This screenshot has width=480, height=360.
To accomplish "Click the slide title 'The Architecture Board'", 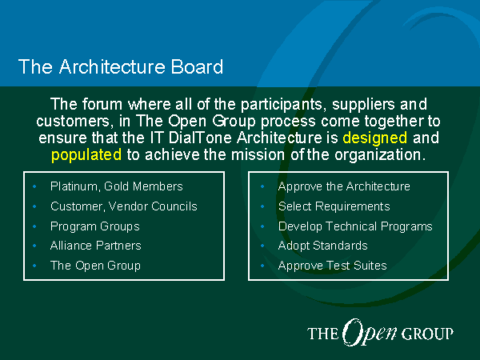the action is (121, 66).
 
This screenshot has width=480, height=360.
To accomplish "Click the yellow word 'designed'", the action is (375, 138).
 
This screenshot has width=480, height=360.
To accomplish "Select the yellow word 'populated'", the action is (86, 155).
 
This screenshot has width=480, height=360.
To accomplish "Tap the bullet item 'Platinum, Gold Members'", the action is (117, 186).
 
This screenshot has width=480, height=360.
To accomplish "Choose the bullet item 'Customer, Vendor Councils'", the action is (124, 206).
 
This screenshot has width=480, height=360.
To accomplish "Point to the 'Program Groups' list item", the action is (95, 226).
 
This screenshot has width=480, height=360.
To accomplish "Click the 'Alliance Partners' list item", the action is (96, 246).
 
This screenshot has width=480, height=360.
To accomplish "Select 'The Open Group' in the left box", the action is (95, 266).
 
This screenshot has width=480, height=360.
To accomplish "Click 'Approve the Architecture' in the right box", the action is (344, 186).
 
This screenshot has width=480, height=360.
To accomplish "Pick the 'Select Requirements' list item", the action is (334, 206).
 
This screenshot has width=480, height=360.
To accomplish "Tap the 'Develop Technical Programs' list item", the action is (355, 226).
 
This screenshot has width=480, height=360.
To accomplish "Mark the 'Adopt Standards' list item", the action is (322, 246).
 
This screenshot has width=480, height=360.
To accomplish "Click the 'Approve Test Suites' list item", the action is (333, 266).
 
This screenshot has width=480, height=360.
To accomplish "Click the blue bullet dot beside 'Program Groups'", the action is (34, 226).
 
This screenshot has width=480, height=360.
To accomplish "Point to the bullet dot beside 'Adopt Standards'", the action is (262, 246).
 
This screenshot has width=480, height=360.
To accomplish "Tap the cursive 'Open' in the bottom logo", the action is (369, 333).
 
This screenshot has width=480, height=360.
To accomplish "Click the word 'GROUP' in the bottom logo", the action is (427, 334).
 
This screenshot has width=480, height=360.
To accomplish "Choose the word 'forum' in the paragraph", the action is (102, 104).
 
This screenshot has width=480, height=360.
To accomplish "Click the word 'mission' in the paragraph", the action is (258, 154).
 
